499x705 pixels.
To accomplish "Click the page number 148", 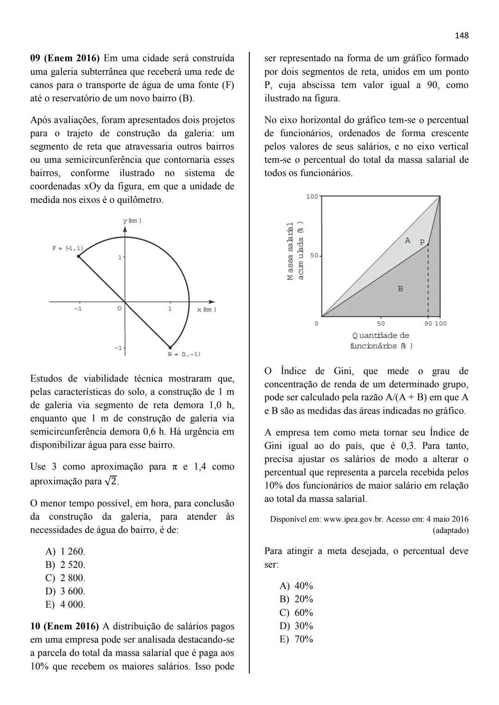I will (461, 36).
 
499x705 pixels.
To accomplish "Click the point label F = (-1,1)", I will (67, 248).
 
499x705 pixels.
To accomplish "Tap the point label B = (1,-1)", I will (184, 355).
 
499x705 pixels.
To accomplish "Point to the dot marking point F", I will (79, 256).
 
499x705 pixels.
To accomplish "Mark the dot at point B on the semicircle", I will (170, 347).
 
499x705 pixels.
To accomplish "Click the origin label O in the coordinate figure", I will (119, 308).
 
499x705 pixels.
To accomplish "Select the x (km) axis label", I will (207, 309).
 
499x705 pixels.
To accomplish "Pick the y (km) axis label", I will (132, 221).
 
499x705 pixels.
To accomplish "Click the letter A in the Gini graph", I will (407, 240).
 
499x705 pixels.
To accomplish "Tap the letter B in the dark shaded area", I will (400, 289).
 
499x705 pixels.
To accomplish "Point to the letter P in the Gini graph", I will (421, 242).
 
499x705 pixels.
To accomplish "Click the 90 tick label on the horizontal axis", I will (428, 324).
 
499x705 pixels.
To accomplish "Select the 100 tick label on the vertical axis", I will (312, 197).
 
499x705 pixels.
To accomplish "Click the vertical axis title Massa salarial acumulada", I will (295, 251).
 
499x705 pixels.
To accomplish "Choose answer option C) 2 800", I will (65, 578).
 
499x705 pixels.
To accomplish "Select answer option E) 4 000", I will (65, 605).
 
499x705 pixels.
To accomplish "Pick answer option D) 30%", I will (296, 626).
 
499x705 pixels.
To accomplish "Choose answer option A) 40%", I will (296, 586).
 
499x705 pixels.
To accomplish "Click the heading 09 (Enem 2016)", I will (65, 59).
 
